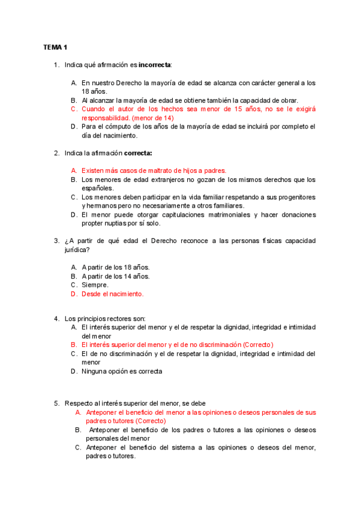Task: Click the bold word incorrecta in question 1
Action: point(154,64)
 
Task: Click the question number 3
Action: point(56,241)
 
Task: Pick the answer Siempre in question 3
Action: point(95,285)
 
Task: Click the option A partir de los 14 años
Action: point(116,276)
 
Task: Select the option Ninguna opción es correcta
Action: point(122,371)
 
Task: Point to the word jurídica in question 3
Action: point(76,249)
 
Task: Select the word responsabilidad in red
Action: point(105,118)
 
